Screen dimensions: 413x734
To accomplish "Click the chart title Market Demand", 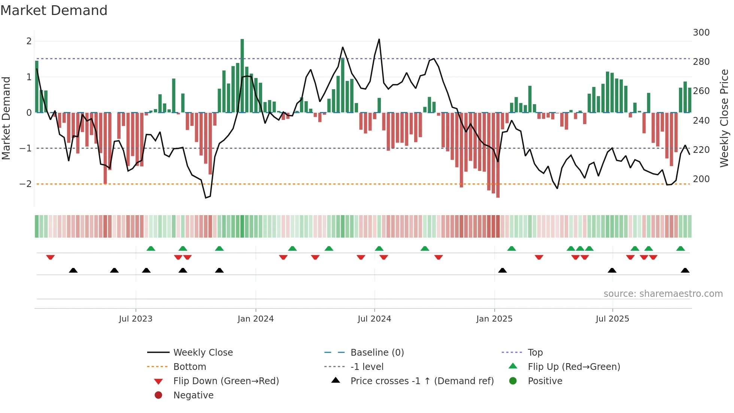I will pos(54,10).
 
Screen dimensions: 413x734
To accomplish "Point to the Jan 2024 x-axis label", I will pos(256,319).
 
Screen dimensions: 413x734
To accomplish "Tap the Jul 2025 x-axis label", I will pos(612,319).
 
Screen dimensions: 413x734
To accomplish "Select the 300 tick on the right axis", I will pos(701,33).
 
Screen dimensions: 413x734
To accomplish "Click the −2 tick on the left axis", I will pos(25,184).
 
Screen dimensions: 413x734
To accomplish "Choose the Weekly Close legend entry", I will pos(203,353).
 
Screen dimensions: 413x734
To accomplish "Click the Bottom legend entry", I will pos(189,367).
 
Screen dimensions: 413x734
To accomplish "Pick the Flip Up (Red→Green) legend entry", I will pos(574,367).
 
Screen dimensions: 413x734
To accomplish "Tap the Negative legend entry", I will pos(193,395).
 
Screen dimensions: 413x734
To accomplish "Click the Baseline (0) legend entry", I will pos(377,353).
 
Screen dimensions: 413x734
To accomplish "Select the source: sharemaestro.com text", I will pos(663,294).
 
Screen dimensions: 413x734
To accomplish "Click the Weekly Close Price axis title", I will pos(724,118).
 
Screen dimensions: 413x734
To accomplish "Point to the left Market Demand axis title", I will pos(6,118).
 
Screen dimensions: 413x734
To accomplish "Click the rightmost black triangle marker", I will pos(685,270).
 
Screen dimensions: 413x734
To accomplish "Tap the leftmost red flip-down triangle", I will pos(50,257).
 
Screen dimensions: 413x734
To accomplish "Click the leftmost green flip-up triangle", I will pos(151,248).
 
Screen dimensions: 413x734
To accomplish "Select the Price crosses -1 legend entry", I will pos(422,381).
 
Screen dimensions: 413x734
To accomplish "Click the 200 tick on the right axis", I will pos(701,179).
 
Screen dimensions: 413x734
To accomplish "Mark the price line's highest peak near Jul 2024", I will pos(379,39).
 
